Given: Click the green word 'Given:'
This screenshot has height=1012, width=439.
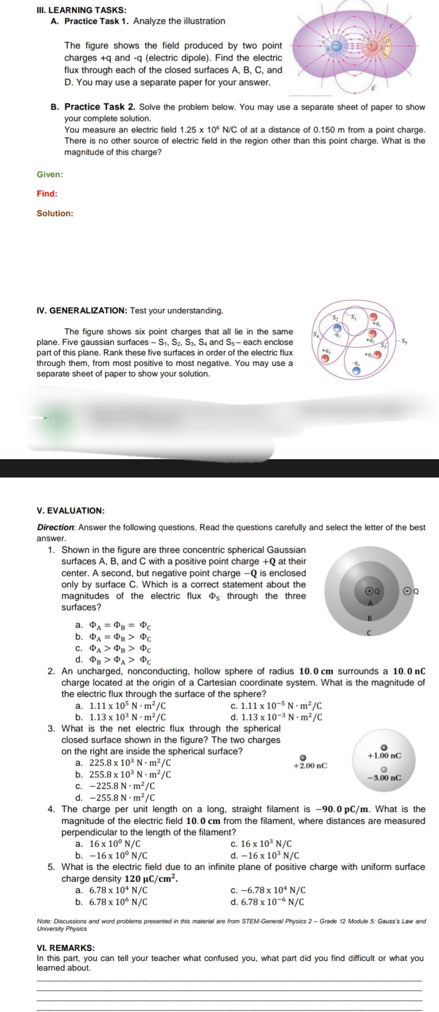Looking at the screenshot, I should click(x=50, y=175).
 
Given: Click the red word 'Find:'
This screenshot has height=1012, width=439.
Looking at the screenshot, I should click(x=47, y=193).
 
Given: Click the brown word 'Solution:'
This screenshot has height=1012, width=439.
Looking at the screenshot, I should click(x=55, y=214).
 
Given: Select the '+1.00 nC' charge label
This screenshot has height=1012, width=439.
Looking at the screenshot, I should click(x=384, y=756).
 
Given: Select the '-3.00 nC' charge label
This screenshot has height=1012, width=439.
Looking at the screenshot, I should click(x=384, y=778).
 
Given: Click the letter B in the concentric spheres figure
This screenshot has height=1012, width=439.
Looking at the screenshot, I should click(x=369, y=618).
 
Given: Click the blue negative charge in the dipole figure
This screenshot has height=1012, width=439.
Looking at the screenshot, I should click(x=336, y=45).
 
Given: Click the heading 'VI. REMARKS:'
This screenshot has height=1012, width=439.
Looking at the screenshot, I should click(x=66, y=948).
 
